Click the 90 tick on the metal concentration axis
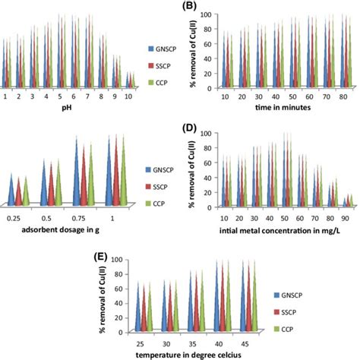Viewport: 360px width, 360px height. pos(346,216)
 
